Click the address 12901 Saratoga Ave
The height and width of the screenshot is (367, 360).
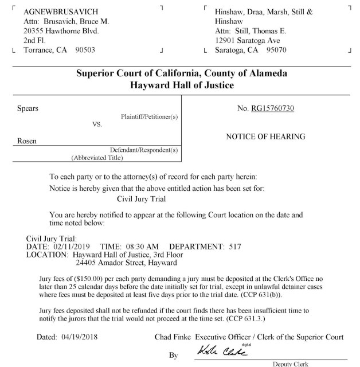247,41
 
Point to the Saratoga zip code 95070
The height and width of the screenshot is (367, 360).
274,50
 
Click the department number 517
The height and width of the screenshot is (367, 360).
235,246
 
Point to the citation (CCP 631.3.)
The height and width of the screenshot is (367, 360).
253,318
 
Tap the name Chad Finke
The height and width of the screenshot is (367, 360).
173,337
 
